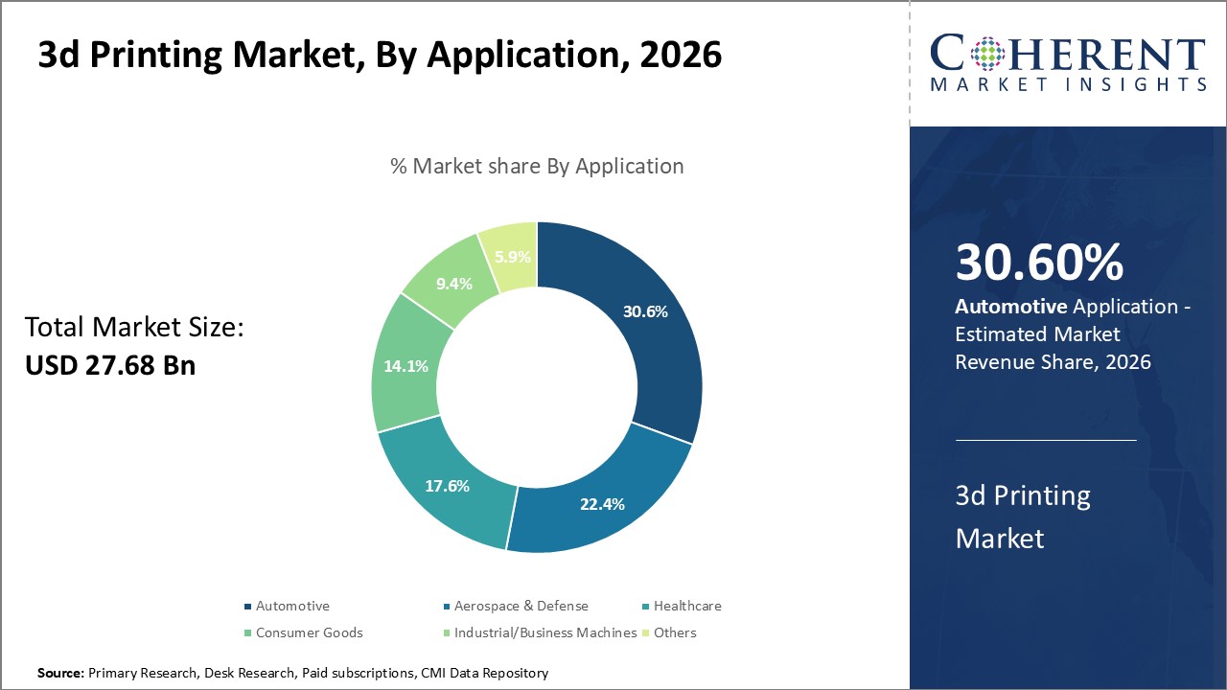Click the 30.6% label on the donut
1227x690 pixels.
click(x=644, y=311)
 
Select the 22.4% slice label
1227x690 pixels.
click(x=602, y=504)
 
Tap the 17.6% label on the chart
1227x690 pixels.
click(x=447, y=486)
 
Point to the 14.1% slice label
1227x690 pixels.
click(x=406, y=366)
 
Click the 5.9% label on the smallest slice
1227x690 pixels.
click(x=512, y=257)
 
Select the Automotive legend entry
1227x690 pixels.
click(x=291, y=606)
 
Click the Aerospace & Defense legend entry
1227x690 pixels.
click(x=521, y=606)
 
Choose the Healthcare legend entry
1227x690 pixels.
click(x=687, y=606)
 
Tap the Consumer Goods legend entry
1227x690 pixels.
click(x=309, y=632)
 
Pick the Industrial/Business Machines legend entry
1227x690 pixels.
click(x=544, y=632)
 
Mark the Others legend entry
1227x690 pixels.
click(x=675, y=632)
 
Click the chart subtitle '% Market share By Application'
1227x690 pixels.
click(x=537, y=166)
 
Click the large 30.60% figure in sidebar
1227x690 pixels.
click(x=1039, y=264)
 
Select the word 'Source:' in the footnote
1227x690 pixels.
click(x=60, y=674)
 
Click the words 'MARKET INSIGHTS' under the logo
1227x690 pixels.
click(x=1068, y=84)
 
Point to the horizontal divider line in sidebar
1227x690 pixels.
click(x=1045, y=441)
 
